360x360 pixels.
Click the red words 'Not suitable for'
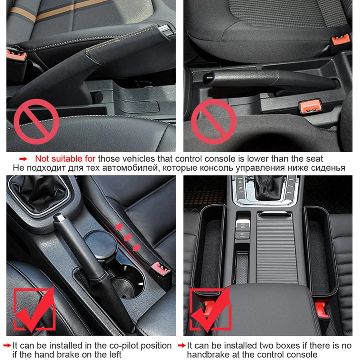(65, 158)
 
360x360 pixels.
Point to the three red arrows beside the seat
(128, 234)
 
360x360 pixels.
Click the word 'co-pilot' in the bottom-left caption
(110, 346)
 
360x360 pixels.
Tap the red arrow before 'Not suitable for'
(23, 159)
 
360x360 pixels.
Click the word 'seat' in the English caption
(314, 158)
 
